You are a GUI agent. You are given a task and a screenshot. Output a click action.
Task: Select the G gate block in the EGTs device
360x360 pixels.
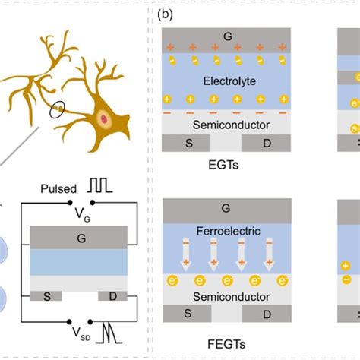pyautogui.click(x=229, y=36)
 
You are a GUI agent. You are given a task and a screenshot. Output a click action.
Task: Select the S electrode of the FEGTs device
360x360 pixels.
pyautogui.click(x=188, y=314)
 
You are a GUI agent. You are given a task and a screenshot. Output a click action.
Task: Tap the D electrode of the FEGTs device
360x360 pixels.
pyautogui.click(x=268, y=314)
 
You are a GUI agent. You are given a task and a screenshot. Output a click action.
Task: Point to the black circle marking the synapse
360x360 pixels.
pyautogui.click(x=58, y=114)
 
